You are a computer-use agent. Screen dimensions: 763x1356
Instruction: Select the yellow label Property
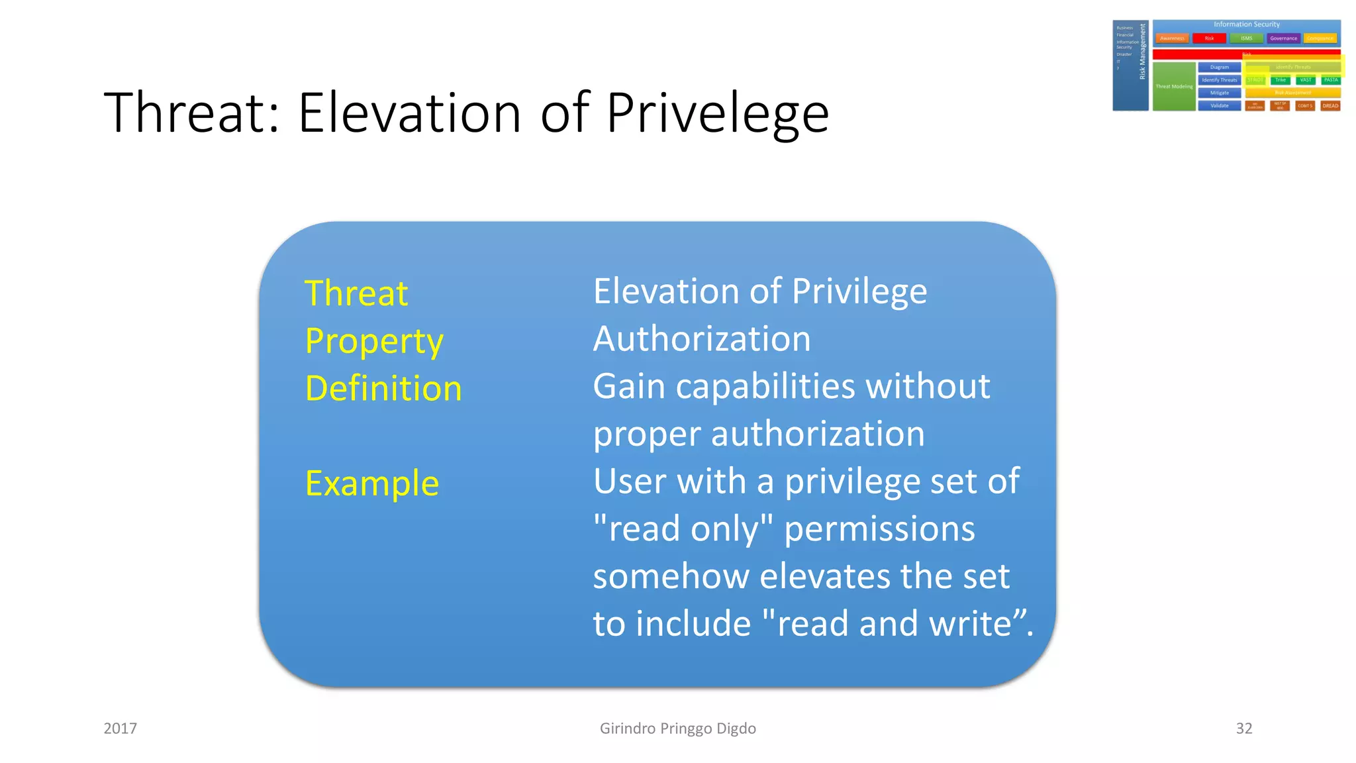pos(374,342)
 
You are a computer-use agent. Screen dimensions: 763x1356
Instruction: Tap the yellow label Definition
pos(383,389)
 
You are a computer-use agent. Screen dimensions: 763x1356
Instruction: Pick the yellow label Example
pos(372,483)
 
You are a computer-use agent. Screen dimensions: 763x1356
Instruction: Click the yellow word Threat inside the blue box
pos(356,293)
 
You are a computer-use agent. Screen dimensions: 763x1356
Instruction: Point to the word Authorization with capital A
pos(702,339)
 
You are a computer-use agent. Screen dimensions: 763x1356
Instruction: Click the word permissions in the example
pos(879,529)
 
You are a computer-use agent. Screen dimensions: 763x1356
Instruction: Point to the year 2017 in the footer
pos(121,729)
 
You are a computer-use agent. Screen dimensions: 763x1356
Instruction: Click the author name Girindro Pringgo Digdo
pos(677,729)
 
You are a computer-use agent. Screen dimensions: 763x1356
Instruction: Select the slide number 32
pos(1243,729)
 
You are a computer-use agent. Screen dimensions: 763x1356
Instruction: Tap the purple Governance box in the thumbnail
pos(1283,38)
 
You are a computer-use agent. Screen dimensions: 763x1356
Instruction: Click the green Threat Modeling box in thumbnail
pos(1173,87)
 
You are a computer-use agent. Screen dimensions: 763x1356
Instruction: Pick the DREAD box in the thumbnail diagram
pos(1330,106)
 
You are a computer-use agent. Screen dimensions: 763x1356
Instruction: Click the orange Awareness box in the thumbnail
pos(1172,38)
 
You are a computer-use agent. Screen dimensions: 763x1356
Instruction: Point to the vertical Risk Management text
pos(1142,52)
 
